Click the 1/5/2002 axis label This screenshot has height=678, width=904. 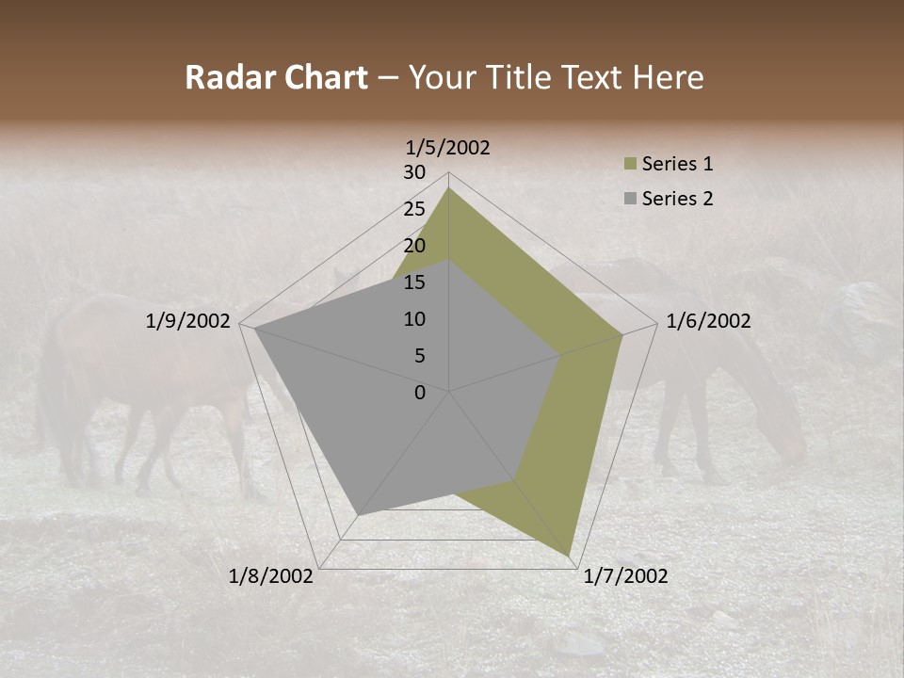point(448,147)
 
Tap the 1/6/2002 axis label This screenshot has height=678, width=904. point(708,321)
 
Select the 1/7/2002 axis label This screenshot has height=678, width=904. point(625,576)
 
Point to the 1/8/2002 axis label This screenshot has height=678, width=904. point(271,576)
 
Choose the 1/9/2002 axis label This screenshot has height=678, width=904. point(188,321)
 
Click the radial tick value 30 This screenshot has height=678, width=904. point(414,172)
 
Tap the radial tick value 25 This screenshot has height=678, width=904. point(414,209)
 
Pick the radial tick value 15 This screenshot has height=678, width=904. point(414,282)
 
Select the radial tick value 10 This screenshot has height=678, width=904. point(414,319)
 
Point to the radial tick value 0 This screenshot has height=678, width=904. point(420,393)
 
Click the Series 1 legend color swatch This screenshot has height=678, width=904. point(630,165)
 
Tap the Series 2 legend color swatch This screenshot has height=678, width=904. point(630,199)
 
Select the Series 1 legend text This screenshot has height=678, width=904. point(677,164)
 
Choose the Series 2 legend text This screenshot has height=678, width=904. point(677,199)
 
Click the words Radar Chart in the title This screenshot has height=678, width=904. point(276,78)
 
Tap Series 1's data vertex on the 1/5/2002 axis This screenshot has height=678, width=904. point(449,187)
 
